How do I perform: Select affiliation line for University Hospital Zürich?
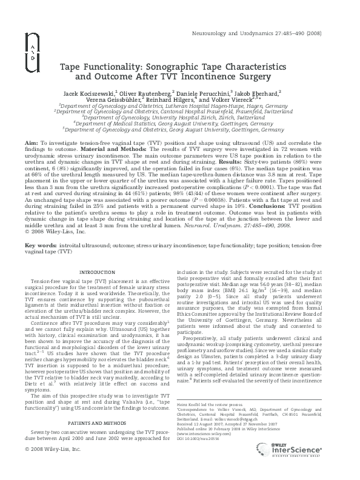(180, 117)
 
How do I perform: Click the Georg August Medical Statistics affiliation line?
(180, 123)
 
